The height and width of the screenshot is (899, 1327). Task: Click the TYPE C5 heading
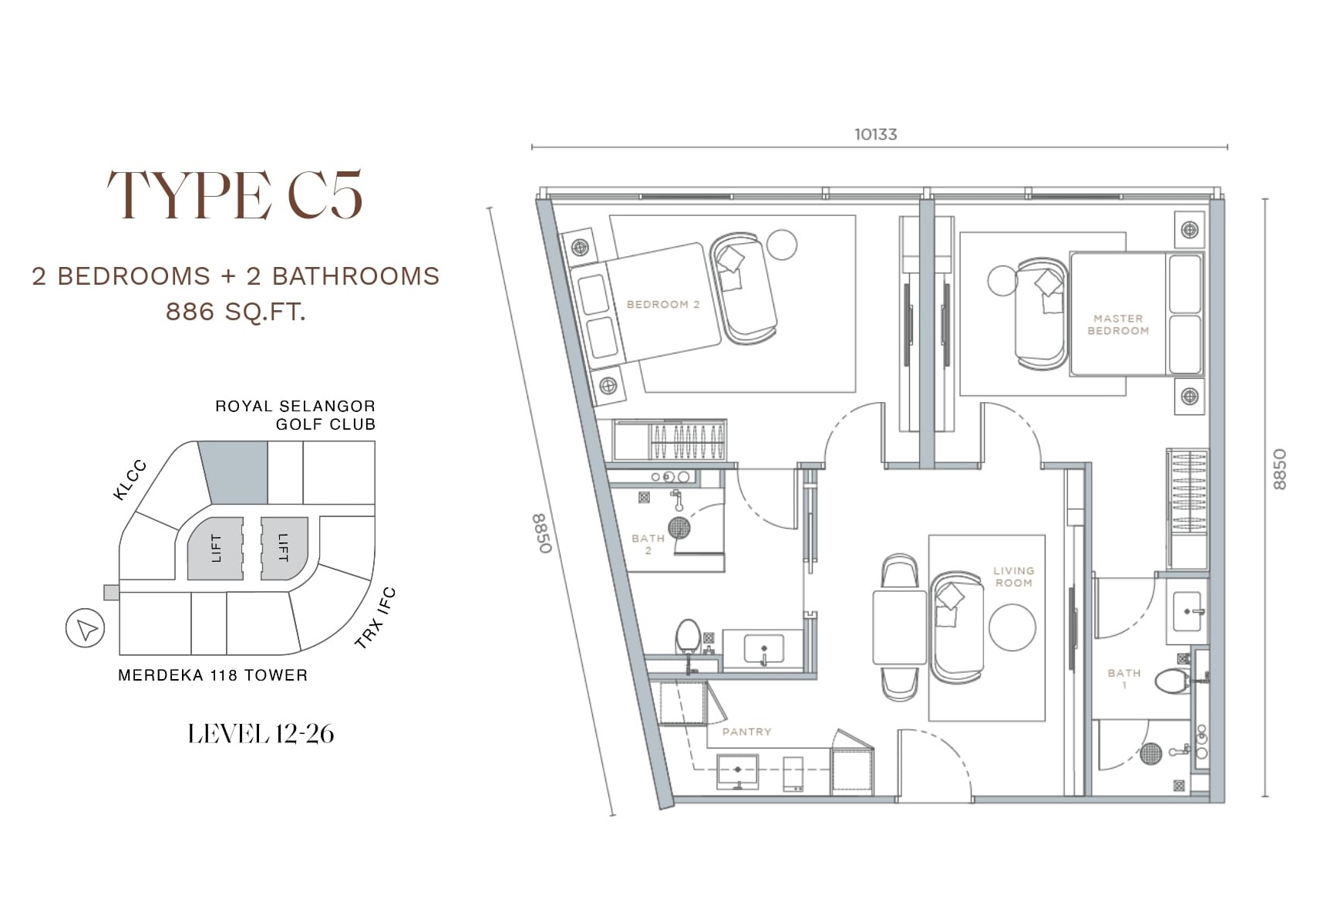click(234, 195)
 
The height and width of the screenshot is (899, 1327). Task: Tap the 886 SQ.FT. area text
click(236, 312)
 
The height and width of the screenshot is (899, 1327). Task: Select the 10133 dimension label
click(876, 134)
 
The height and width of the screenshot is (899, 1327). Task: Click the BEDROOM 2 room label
click(663, 304)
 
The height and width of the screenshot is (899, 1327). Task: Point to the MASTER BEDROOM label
click(1118, 324)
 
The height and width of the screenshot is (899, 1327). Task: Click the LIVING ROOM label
click(1013, 576)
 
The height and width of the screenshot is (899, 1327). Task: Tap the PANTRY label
click(746, 732)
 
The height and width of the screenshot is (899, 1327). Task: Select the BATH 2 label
click(648, 544)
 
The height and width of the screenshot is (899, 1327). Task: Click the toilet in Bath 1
click(1174, 681)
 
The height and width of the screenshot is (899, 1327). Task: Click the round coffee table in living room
click(1012, 627)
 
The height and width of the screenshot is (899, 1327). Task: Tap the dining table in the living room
click(899, 627)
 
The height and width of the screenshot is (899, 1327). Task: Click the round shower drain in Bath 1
click(1150, 753)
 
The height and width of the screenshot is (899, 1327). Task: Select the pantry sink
click(738, 772)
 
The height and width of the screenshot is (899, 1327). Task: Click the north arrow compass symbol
click(86, 629)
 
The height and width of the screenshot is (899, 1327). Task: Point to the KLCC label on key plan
click(129, 480)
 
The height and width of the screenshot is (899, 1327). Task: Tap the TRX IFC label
click(376, 617)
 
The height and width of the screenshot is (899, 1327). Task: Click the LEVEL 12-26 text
click(261, 733)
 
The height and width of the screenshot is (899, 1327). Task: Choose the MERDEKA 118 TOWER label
click(213, 675)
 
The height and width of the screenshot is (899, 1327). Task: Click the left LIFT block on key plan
click(215, 548)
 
